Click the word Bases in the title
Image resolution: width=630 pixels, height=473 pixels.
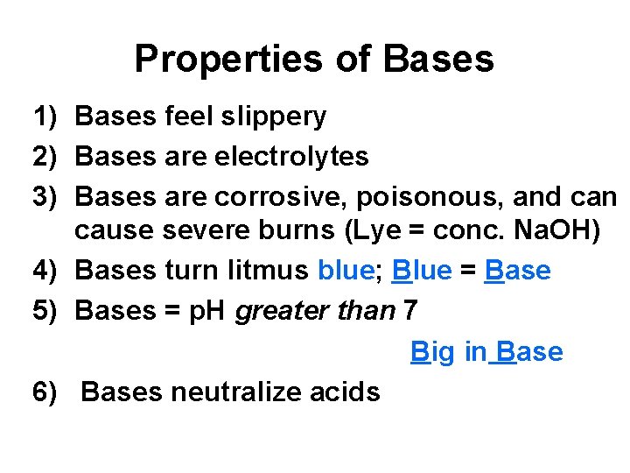[438, 60]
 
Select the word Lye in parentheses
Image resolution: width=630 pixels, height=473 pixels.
[368, 231]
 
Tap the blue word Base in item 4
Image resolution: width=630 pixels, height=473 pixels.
[516, 271]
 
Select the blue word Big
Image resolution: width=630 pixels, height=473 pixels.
[433, 352]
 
